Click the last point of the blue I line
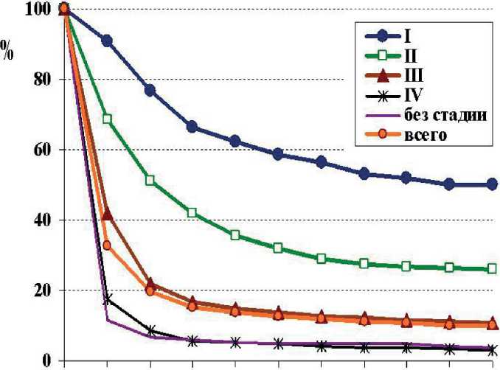492,184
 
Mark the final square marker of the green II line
492,270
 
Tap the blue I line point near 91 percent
107,41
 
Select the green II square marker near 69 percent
107,119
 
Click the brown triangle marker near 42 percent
107,214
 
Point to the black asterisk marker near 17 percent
108,299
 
